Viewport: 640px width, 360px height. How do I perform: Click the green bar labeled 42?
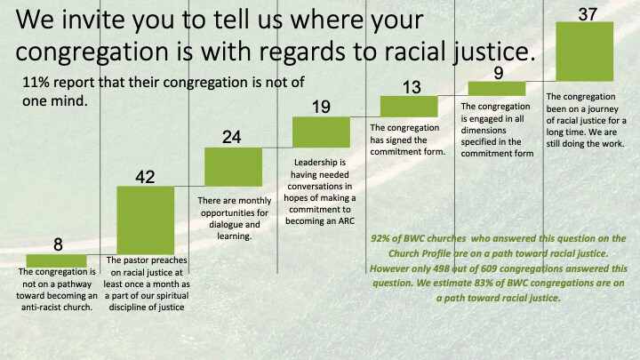(x=145, y=220)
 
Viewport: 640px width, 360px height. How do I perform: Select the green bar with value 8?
(x=56, y=260)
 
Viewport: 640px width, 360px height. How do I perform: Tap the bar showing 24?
(x=233, y=167)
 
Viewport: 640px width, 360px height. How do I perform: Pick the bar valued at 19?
(x=321, y=132)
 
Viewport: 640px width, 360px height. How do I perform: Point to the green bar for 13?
(x=409, y=107)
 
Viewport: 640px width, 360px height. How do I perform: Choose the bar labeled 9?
(x=497, y=89)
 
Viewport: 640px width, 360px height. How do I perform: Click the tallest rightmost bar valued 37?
(x=585, y=52)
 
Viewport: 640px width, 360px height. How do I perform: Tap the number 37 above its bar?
(x=588, y=14)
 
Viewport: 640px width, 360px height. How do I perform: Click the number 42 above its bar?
(x=145, y=177)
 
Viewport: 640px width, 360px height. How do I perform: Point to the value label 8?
(x=58, y=244)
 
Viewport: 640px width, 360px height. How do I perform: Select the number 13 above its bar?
(x=412, y=87)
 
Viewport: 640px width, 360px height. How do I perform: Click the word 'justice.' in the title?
(x=494, y=52)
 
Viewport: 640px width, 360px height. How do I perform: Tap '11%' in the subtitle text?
(x=36, y=83)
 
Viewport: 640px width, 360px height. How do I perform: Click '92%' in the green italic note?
(x=380, y=238)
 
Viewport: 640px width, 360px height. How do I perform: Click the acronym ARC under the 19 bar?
(x=346, y=221)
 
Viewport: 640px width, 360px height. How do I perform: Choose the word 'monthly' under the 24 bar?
(x=256, y=201)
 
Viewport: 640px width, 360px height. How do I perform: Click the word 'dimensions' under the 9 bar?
(x=484, y=130)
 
